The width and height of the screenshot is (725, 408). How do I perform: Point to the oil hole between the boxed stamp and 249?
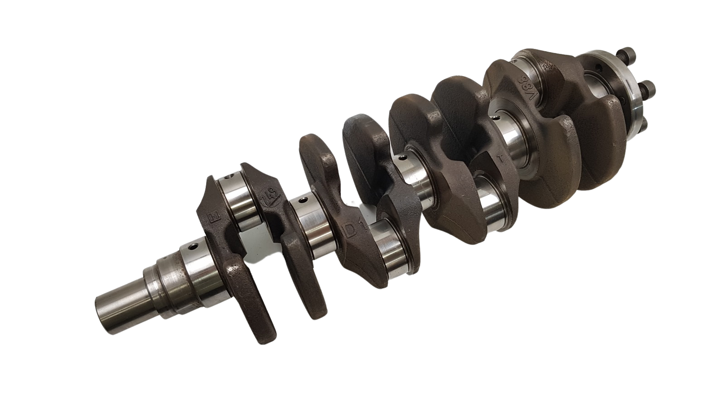click(233, 174)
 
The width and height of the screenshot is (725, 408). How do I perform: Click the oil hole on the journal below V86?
click(499, 119)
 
